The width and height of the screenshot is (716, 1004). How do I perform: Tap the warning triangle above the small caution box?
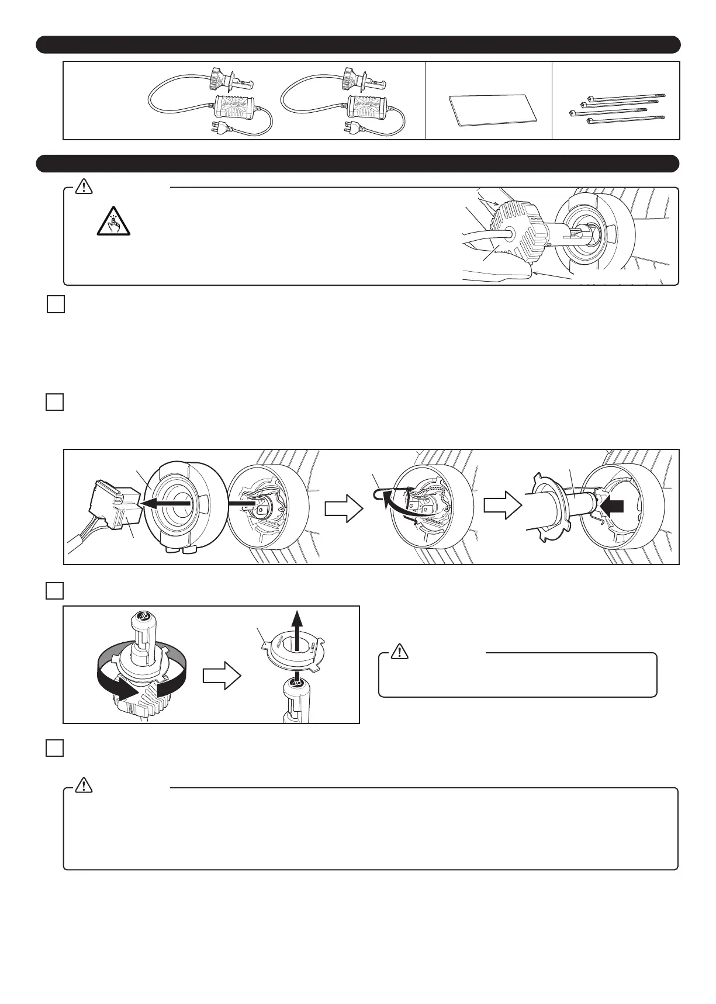(x=399, y=651)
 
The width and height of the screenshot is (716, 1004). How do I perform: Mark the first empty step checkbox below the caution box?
(x=56, y=305)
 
